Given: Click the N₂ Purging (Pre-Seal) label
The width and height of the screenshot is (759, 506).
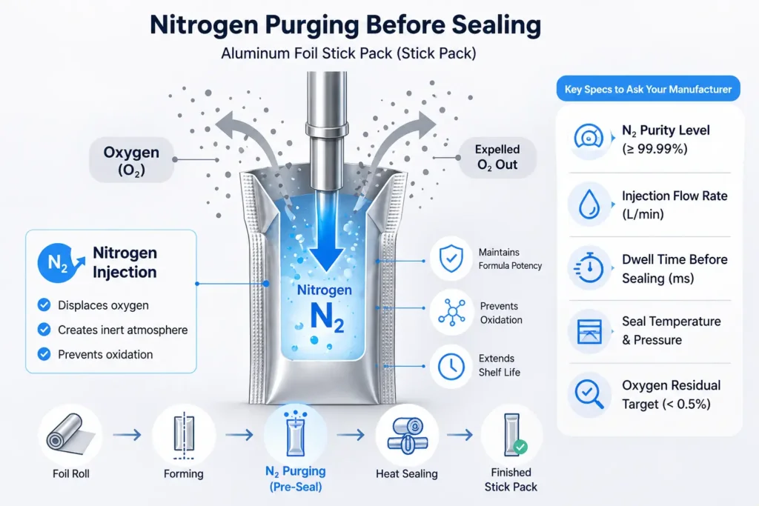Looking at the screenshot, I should (x=295, y=479).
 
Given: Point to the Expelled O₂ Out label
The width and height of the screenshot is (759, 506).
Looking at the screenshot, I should (x=496, y=157).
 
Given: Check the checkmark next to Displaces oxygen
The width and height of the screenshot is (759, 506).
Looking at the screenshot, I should (x=44, y=304).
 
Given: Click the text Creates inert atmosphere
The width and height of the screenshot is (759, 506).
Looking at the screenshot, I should (x=122, y=330).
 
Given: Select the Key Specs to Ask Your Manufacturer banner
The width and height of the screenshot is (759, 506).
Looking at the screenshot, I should (x=647, y=90).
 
